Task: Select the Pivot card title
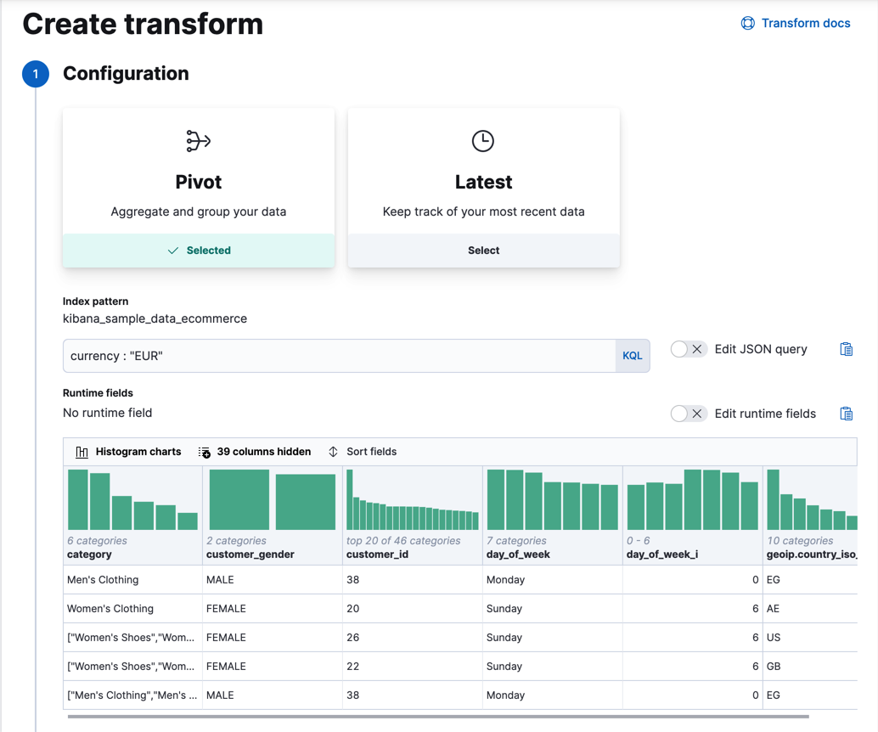pos(198,182)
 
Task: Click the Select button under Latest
pos(483,251)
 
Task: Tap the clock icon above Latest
pos(483,141)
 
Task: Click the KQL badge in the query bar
pos(632,356)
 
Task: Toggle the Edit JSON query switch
pos(688,349)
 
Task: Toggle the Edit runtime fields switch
pos(688,414)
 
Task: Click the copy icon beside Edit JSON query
pos(846,349)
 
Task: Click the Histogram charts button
pos(128,452)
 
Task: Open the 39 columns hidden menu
pos(255,452)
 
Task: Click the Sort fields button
pos(363,452)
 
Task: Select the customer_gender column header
pos(250,555)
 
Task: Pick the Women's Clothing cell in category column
pos(110,609)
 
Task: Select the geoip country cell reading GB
pos(774,667)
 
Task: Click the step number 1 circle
pos(36,74)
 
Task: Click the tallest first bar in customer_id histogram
pos(350,500)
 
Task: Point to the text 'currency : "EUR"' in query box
pos(116,356)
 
